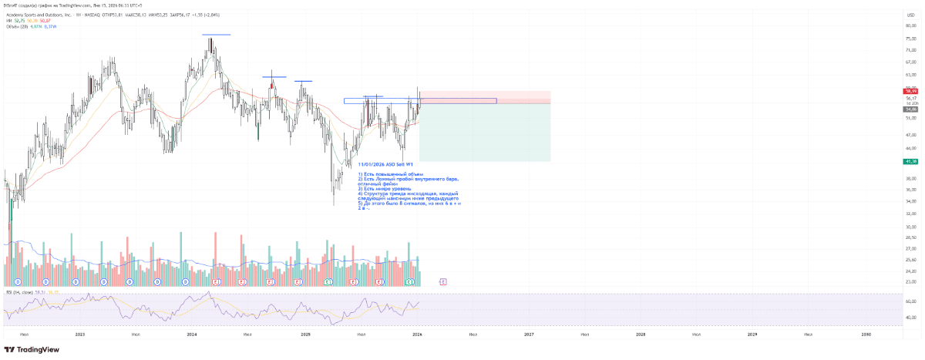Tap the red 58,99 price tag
(x=910, y=91)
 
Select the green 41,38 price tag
(x=910, y=161)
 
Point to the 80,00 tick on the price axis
(x=910, y=25)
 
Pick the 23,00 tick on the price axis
(x=910, y=281)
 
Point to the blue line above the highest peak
(x=217, y=35)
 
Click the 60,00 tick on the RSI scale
(x=910, y=301)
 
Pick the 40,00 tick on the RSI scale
(x=910, y=317)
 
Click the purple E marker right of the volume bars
(x=442, y=282)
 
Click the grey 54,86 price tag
(x=910, y=109)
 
